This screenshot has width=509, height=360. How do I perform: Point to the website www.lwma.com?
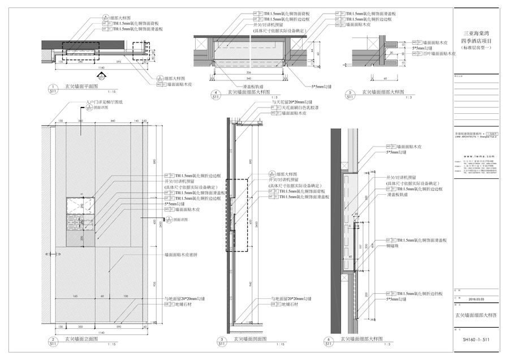tap(479, 156)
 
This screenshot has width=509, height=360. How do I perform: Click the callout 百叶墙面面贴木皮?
tap(437, 53)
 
